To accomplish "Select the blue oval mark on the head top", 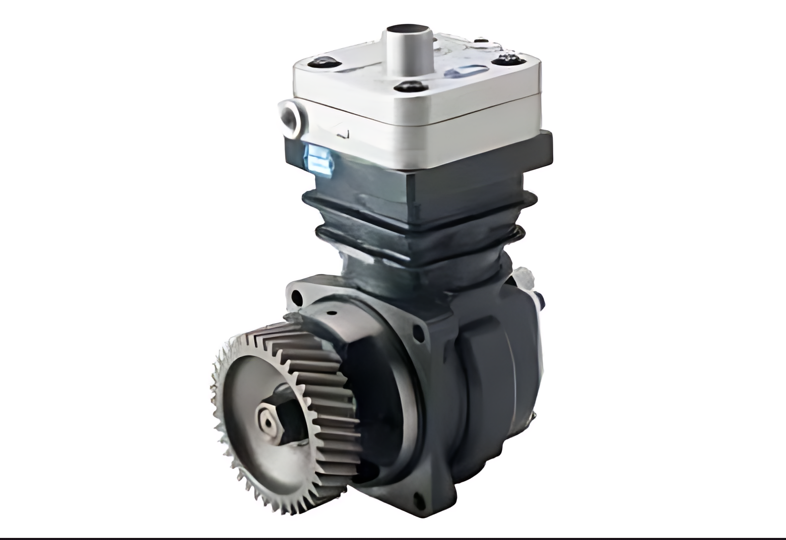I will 461,72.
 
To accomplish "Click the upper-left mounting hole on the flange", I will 297,297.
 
